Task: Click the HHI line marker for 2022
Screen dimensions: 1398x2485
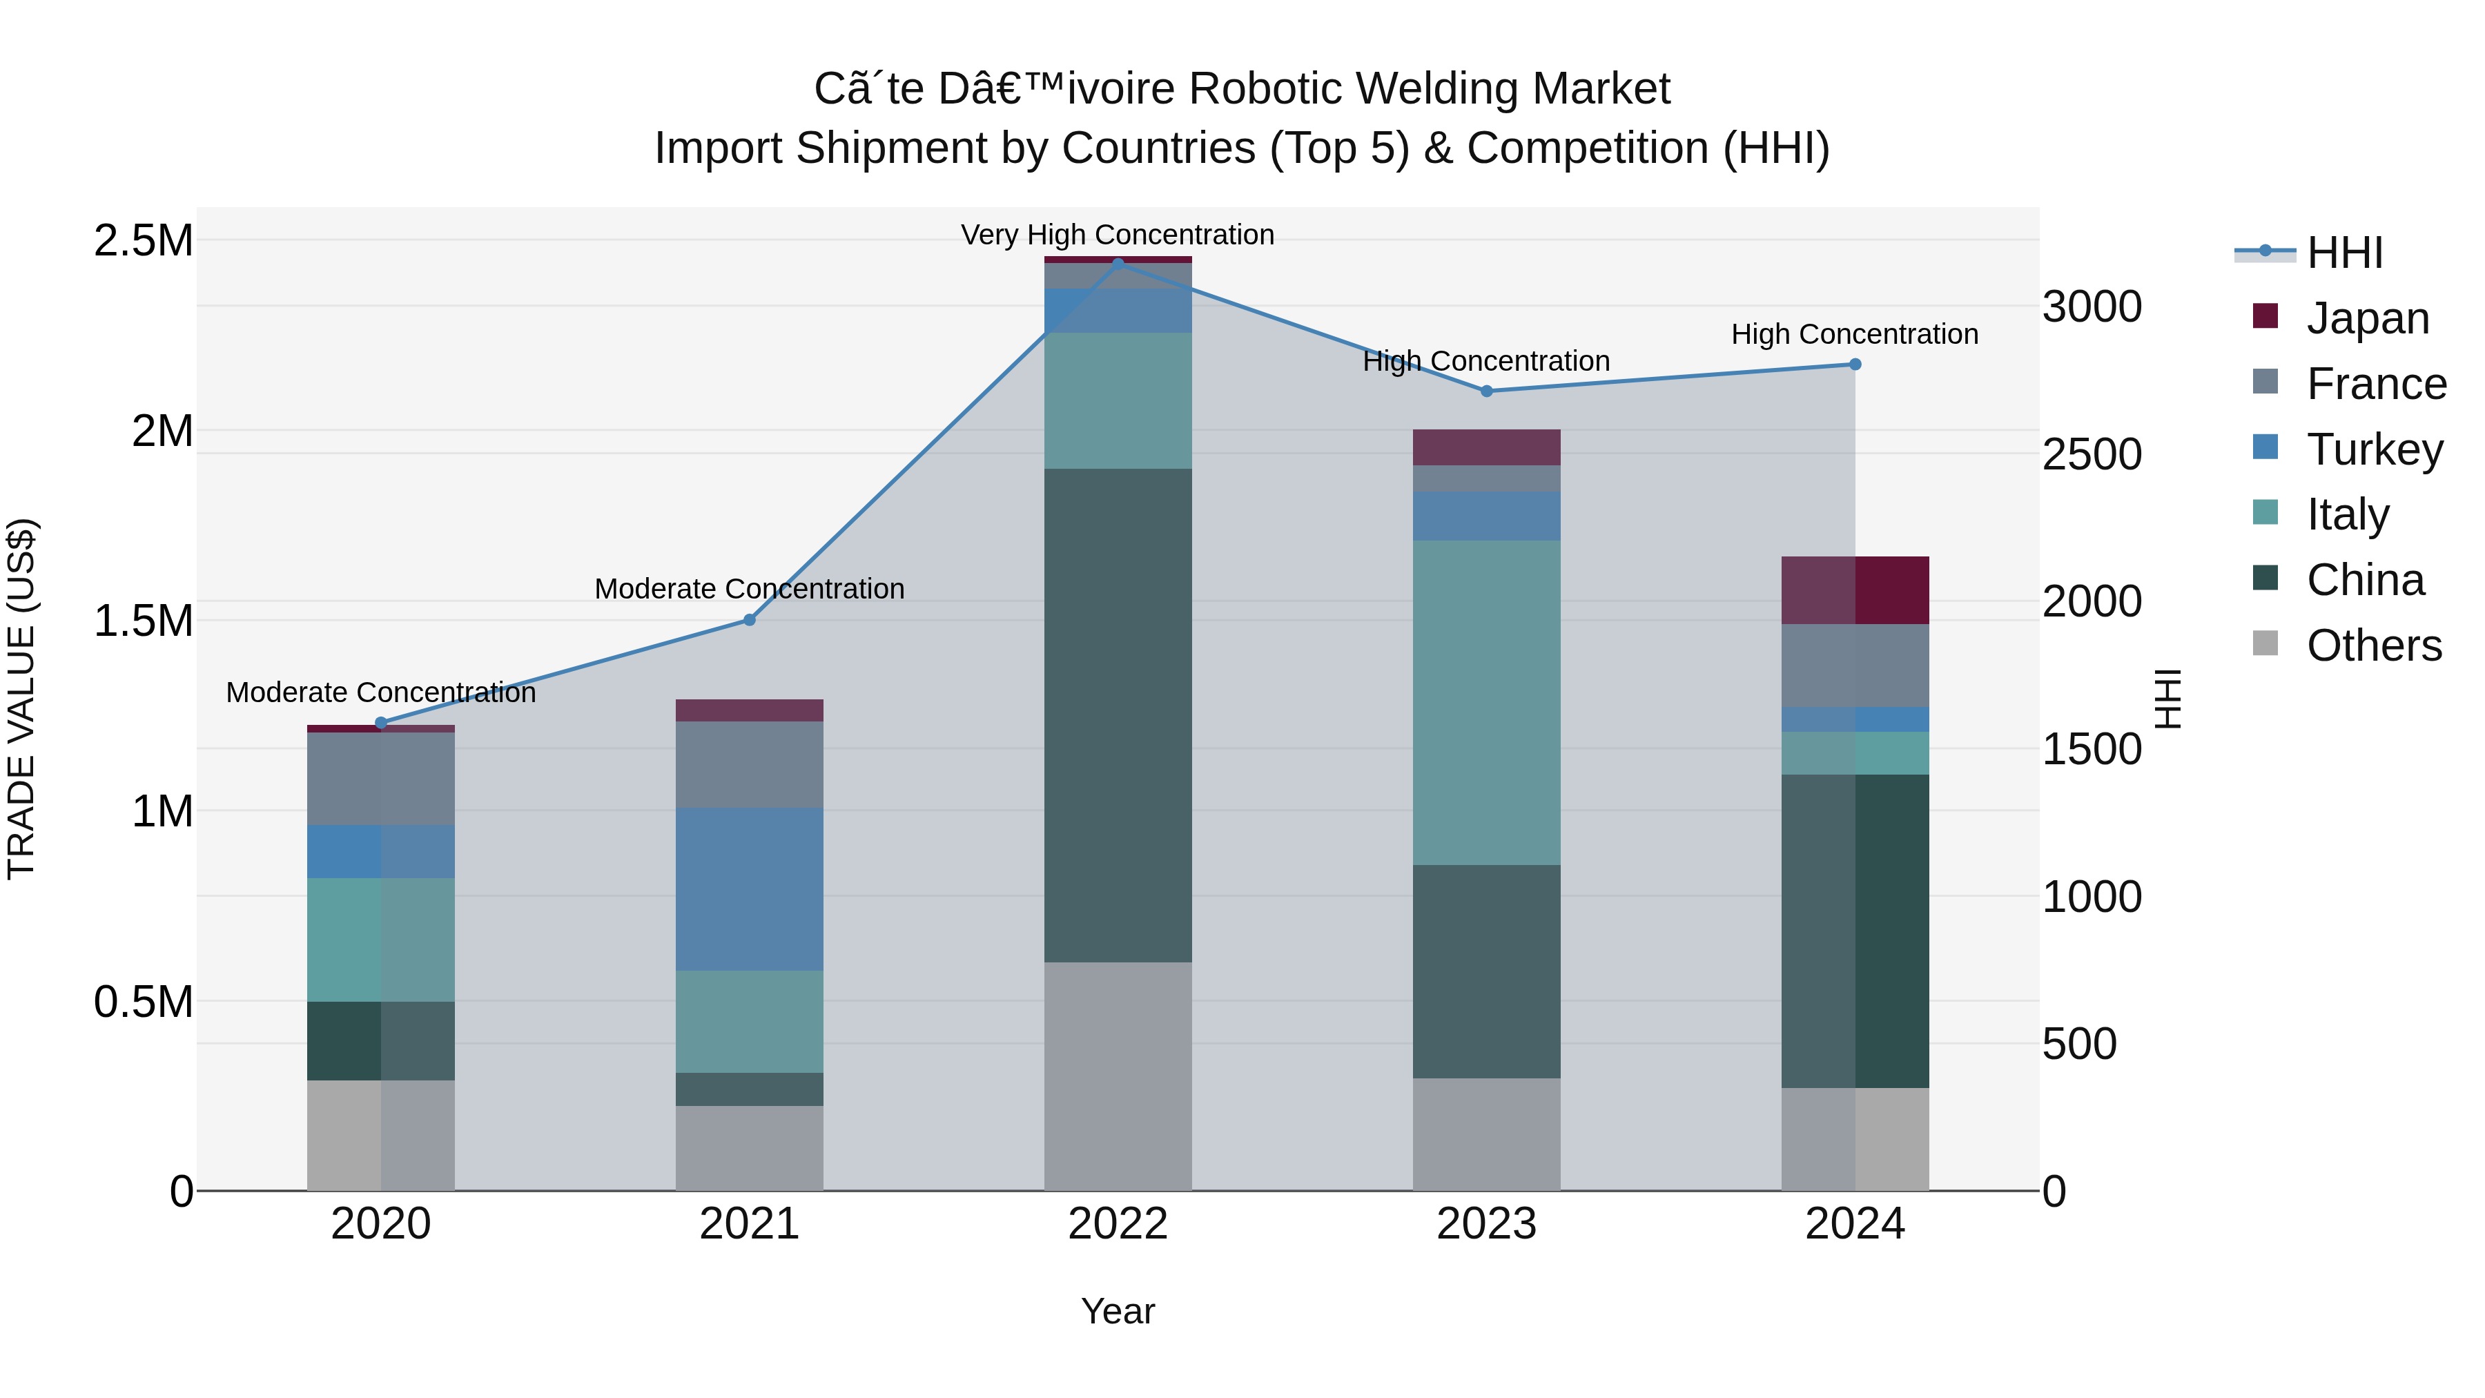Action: (x=1118, y=264)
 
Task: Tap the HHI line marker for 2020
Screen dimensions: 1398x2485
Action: (x=381, y=723)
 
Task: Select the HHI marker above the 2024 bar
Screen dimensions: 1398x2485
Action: (x=1854, y=365)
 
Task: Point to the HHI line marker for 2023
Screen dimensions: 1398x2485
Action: (x=1487, y=391)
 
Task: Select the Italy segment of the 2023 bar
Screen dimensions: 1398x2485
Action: (x=1487, y=702)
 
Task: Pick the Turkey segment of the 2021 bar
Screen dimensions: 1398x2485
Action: (x=750, y=889)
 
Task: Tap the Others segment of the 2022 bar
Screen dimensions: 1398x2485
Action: (x=1118, y=1076)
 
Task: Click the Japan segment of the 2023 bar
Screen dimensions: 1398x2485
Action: (x=1487, y=447)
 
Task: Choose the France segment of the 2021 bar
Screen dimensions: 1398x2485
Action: (x=750, y=764)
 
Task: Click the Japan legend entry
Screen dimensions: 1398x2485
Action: (x=2366, y=318)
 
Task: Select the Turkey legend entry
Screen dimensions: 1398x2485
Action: (x=2374, y=449)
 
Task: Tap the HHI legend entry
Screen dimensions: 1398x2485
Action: (x=2344, y=253)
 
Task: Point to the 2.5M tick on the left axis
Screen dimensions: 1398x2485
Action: (x=144, y=241)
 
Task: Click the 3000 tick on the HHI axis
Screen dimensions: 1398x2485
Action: (x=2092, y=307)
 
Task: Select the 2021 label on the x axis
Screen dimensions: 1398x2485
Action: (x=750, y=1224)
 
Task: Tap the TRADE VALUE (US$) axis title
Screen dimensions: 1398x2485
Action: (x=22, y=699)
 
